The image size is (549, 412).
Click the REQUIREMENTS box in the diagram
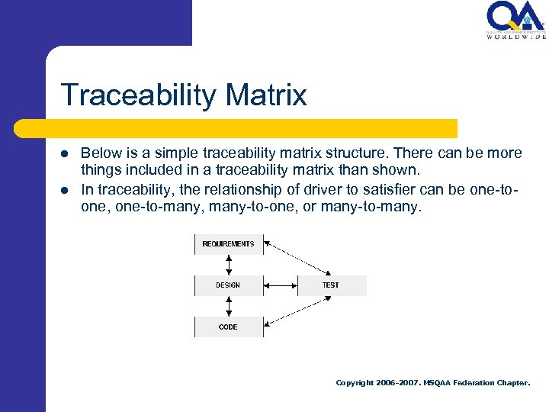[228, 244]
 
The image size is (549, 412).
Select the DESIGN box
[228, 285]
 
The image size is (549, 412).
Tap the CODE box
[228, 327]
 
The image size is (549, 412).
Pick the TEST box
[331, 285]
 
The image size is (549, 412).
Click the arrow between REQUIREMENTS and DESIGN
[228, 265]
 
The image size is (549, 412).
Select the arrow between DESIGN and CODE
[228, 306]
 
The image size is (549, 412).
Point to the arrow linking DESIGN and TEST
[280, 285]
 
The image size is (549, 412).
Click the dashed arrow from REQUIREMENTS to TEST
[297, 259]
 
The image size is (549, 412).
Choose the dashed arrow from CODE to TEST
[297, 311]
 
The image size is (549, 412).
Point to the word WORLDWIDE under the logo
[515, 36]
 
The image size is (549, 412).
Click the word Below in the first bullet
[99, 153]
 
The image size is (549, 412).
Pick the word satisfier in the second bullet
[373, 190]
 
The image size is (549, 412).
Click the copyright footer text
[432, 383]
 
